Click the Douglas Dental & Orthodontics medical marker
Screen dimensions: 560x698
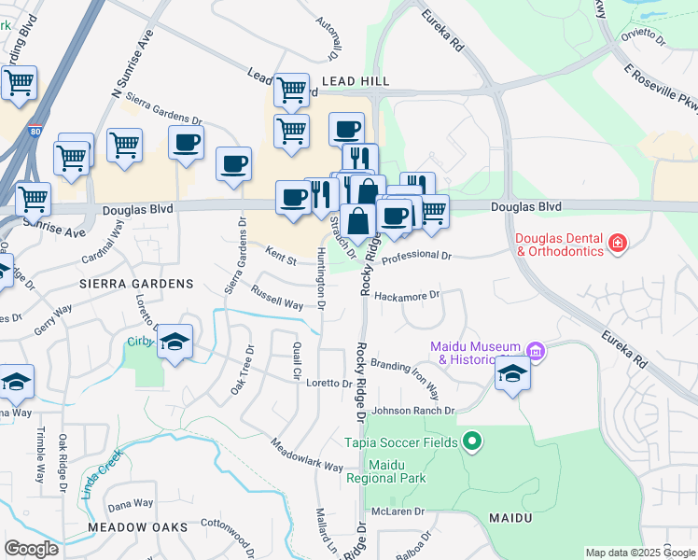point(617,245)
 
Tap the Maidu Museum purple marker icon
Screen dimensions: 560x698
point(535,352)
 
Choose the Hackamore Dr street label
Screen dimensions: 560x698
point(406,296)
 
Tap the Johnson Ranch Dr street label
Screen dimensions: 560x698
point(413,411)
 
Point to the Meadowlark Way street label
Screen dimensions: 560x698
point(307,453)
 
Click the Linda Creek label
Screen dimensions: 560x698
point(101,473)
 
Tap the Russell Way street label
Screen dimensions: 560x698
point(276,297)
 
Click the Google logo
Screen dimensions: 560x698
point(31,549)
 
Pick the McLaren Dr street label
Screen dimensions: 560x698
point(398,511)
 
